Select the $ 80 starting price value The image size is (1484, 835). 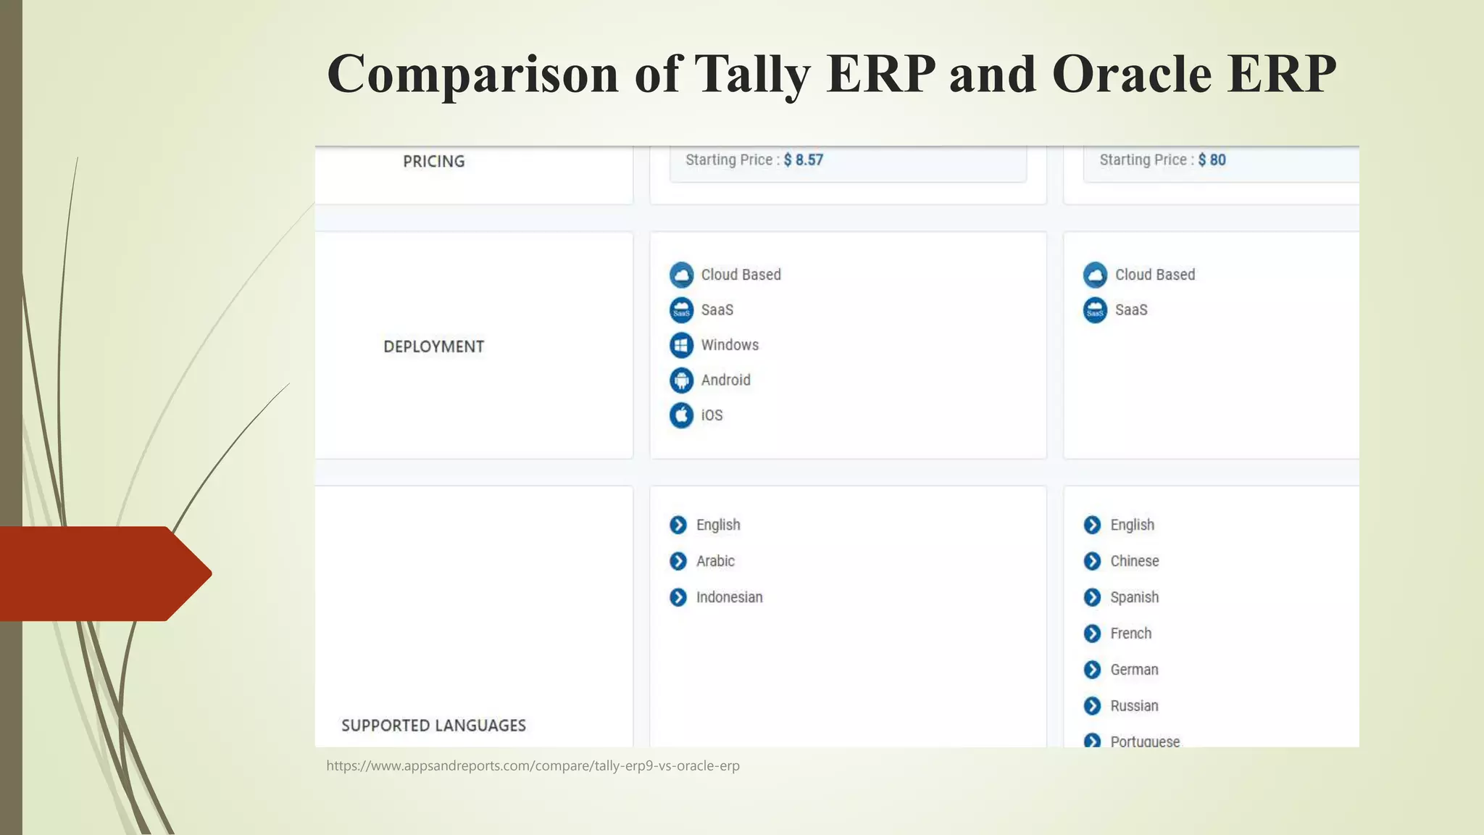1212,160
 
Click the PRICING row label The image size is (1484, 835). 433,162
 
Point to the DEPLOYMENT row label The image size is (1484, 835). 433,346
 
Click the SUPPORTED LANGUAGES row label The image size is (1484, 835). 433,726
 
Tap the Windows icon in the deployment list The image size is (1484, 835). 681,345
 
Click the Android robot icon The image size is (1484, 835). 681,380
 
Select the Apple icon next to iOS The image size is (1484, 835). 681,415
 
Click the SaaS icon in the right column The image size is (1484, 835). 1095,310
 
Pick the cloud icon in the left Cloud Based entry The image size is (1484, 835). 681,275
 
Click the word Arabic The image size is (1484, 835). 715,561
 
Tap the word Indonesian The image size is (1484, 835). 729,597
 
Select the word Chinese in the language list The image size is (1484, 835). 1134,561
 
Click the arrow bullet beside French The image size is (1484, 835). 1092,633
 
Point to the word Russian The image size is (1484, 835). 1134,706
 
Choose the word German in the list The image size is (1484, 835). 1134,670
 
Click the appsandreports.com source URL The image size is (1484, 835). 533,765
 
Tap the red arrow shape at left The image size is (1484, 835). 101,573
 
